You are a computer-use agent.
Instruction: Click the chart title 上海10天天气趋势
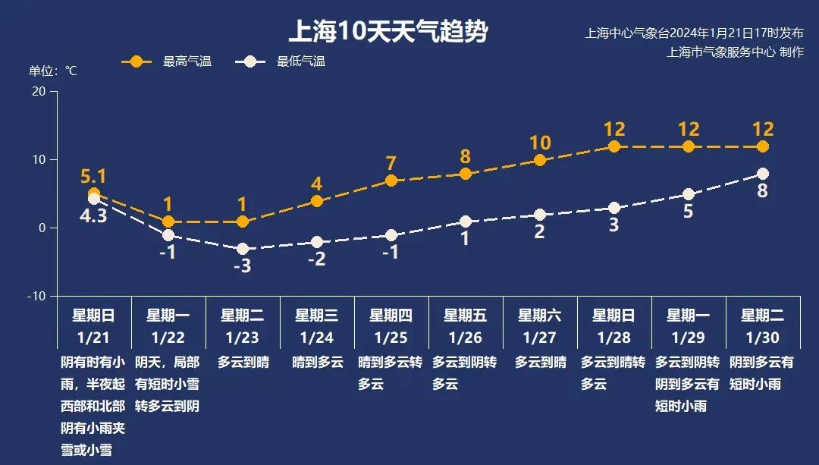(x=388, y=32)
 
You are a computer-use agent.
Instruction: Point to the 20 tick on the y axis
(x=38, y=91)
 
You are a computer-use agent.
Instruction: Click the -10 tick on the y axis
(x=36, y=296)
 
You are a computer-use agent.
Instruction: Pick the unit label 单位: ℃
(x=53, y=71)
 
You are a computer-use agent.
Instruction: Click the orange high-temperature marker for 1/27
(x=540, y=160)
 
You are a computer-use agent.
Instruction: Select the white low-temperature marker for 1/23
(x=243, y=249)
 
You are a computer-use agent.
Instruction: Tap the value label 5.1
(x=93, y=177)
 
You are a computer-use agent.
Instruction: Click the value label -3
(x=242, y=266)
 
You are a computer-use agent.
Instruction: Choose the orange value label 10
(x=540, y=143)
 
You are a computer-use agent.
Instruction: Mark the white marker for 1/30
(x=763, y=174)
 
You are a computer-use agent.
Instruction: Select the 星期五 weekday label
(x=465, y=315)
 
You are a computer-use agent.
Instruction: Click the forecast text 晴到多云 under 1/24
(x=316, y=363)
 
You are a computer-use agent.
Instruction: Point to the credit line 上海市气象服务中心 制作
(x=735, y=52)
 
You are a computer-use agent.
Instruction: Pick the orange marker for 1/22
(x=168, y=222)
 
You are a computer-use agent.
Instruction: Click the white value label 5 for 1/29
(x=688, y=212)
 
